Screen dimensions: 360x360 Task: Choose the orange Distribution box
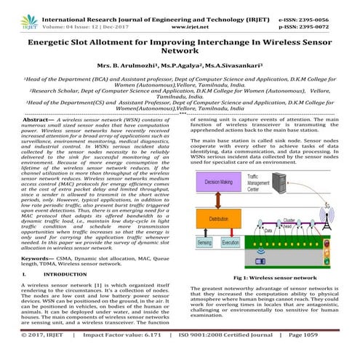[217, 218]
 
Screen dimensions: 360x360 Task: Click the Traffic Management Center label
[263, 183]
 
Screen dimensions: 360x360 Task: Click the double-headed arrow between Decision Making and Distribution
[217, 201]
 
